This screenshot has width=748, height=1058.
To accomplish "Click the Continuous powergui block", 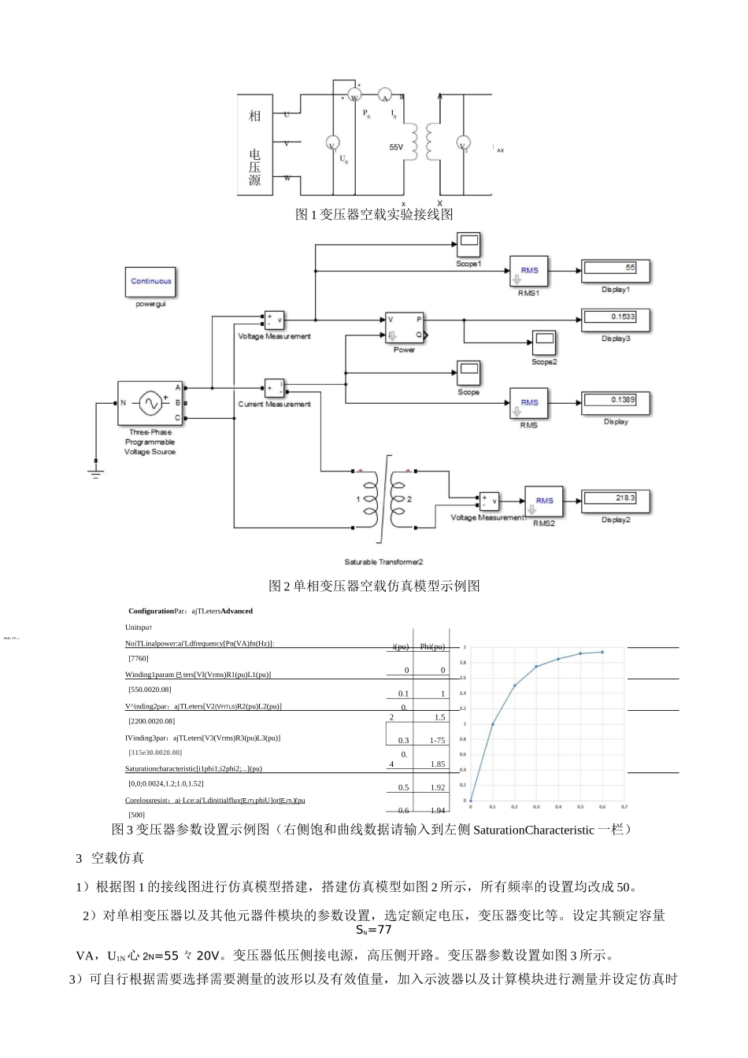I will click(x=150, y=282).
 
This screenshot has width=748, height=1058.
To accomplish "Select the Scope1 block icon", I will click(x=468, y=244).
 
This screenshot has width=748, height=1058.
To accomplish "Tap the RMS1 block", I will click(x=529, y=271).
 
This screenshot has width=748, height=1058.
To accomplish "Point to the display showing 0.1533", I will click(x=616, y=319).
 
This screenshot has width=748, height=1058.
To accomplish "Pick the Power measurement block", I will click(x=404, y=327).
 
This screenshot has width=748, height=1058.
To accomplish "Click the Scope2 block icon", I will click(x=544, y=343).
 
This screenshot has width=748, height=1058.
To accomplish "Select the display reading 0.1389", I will click(x=616, y=402).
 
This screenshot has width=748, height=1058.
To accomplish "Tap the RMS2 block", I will click(x=544, y=501).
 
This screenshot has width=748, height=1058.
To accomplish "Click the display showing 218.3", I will click(x=616, y=500).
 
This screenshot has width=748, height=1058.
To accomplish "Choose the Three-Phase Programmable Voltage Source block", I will click(x=150, y=404).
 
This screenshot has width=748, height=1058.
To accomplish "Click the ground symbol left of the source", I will click(x=96, y=472).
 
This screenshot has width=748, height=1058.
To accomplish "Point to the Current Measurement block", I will click(x=274, y=388).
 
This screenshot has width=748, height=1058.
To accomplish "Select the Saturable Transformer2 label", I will click(x=384, y=562).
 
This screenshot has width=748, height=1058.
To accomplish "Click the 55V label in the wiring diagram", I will click(x=396, y=147).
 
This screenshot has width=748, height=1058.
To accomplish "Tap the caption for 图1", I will click(x=374, y=214).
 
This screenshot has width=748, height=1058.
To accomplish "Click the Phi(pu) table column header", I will click(x=432, y=647).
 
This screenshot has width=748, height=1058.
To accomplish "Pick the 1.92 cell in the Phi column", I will click(x=438, y=787).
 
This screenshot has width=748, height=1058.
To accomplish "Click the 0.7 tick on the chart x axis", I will click(x=624, y=807).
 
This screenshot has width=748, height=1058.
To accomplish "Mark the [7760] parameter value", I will click(x=138, y=659).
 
